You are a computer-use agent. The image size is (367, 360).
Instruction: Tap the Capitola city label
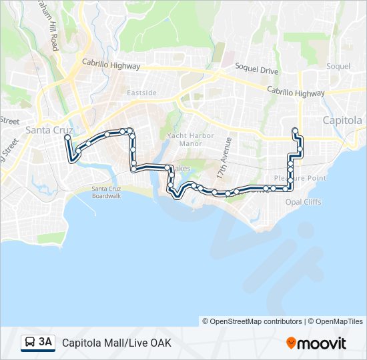pyautogui.click(x=342, y=121)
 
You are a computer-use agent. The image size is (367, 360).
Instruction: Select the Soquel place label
pyautogui.click(x=338, y=66)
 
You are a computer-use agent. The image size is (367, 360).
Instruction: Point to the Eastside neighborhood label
pyautogui.click(x=141, y=93)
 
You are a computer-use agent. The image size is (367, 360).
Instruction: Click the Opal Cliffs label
pyautogui.click(x=303, y=201)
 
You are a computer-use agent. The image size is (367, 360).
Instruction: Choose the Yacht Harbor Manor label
pyautogui.click(x=190, y=139)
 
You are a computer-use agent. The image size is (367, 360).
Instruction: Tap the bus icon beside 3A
pyautogui.click(x=30, y=343)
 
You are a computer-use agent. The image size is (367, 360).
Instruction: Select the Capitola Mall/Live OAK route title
pyautogui.click(x=117, y=343)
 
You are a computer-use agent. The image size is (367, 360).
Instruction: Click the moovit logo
pyautogui.click(x=316, y=343)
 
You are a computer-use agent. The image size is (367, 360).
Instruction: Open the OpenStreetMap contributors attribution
pyautogui.click(x=253, y=321)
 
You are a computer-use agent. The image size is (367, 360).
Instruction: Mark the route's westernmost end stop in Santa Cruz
pyautogui.click(x=67, y=137)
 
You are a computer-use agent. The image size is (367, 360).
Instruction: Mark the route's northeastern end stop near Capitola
pyautogui.click(x=294, y=131)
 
